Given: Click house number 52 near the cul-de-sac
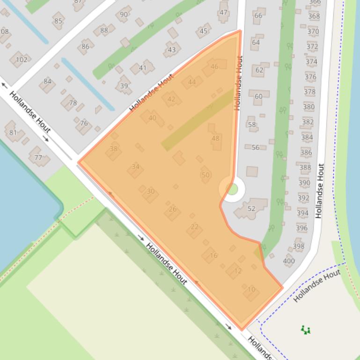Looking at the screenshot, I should (251, 209).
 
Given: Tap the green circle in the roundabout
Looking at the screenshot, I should (232, 189).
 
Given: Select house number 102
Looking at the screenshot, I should (22, 59).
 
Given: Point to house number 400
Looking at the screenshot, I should (289, 261).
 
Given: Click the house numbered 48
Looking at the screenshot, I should (215, 138).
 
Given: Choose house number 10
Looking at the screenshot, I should (251, 289).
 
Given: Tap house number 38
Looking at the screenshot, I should (113, 149).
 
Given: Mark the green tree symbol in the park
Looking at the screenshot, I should (306, 330).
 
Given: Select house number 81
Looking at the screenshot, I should (13, 132).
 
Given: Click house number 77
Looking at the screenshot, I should (38, 157).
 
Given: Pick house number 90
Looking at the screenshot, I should (124, 14).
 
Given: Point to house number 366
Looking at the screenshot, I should (315, 2).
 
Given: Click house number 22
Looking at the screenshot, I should (195, 227).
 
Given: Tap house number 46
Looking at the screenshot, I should (214, 66).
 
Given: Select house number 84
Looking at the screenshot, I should (47, 81).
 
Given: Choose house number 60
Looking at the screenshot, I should (258, 96).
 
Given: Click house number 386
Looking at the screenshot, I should (306, 152).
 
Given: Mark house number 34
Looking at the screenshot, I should (136, 166).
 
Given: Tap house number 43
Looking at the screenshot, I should (172, 50).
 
